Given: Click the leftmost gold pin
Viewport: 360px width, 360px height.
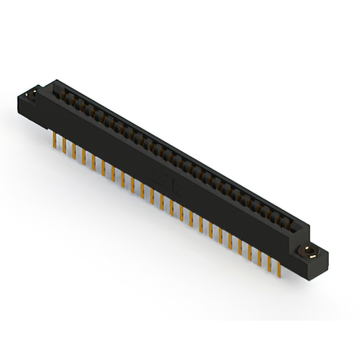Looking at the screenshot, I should click(x=54, y=138).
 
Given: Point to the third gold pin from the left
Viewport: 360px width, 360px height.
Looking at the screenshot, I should click(x=74, y=150).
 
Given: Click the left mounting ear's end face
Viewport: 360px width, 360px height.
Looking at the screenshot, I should click(x=25, y=107).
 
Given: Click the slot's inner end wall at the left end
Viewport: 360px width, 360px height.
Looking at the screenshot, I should click(x=58, y=89).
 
